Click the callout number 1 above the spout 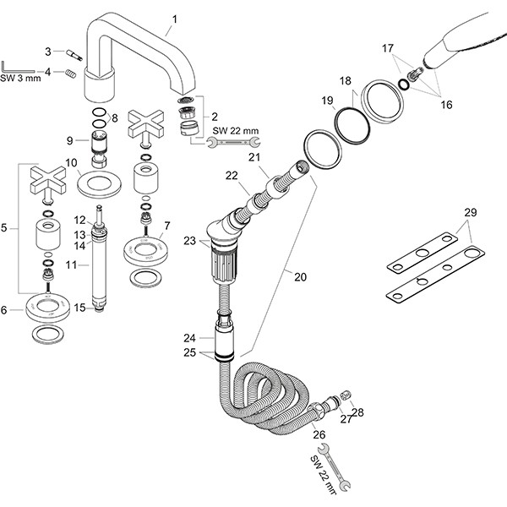pyautogui.click(x=175, y=18)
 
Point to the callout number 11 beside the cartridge pyautogui.click(x=72, y=264)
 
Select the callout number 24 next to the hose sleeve pyautogui.click(x=189, y=337)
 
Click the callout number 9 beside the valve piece pyautogui.click(x=70, y=141)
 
